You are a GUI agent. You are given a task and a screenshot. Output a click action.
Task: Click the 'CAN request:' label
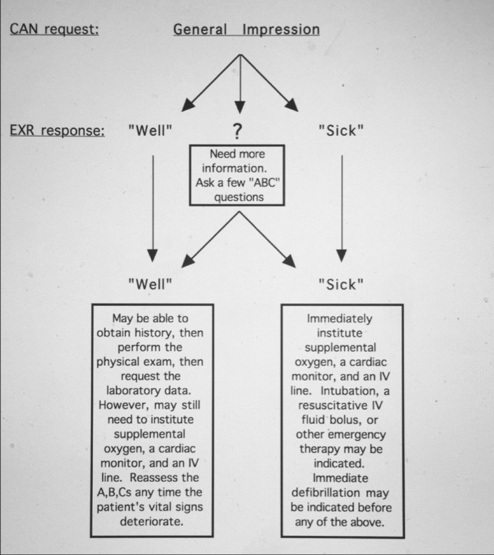pyautogui.click(x=54, y=30)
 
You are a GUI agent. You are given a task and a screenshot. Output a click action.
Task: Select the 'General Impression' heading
pyautogui.click(x=246, y=30)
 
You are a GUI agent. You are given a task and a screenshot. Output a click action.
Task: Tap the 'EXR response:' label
pyautogui.click(x=57, y=130)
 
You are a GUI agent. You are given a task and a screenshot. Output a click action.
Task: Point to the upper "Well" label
pyautogui.click(x=150, y=130)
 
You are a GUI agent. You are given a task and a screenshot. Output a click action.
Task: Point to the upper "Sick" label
pyautogui.click(x=341, y=130)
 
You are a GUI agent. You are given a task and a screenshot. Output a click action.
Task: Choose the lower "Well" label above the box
pyautogui.click(x=150, y=285)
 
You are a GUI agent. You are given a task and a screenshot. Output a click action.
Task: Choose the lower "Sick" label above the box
pyautogui.click(x=341, y=285)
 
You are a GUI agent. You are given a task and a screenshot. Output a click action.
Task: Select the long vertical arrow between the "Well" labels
pyautogui.click(x=152, y=204)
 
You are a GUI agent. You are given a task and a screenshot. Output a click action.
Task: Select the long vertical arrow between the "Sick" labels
pyautogui.click(x=341, y=204)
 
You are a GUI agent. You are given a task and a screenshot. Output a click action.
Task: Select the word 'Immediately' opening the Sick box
pyautogui.click(x=340, y=318)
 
